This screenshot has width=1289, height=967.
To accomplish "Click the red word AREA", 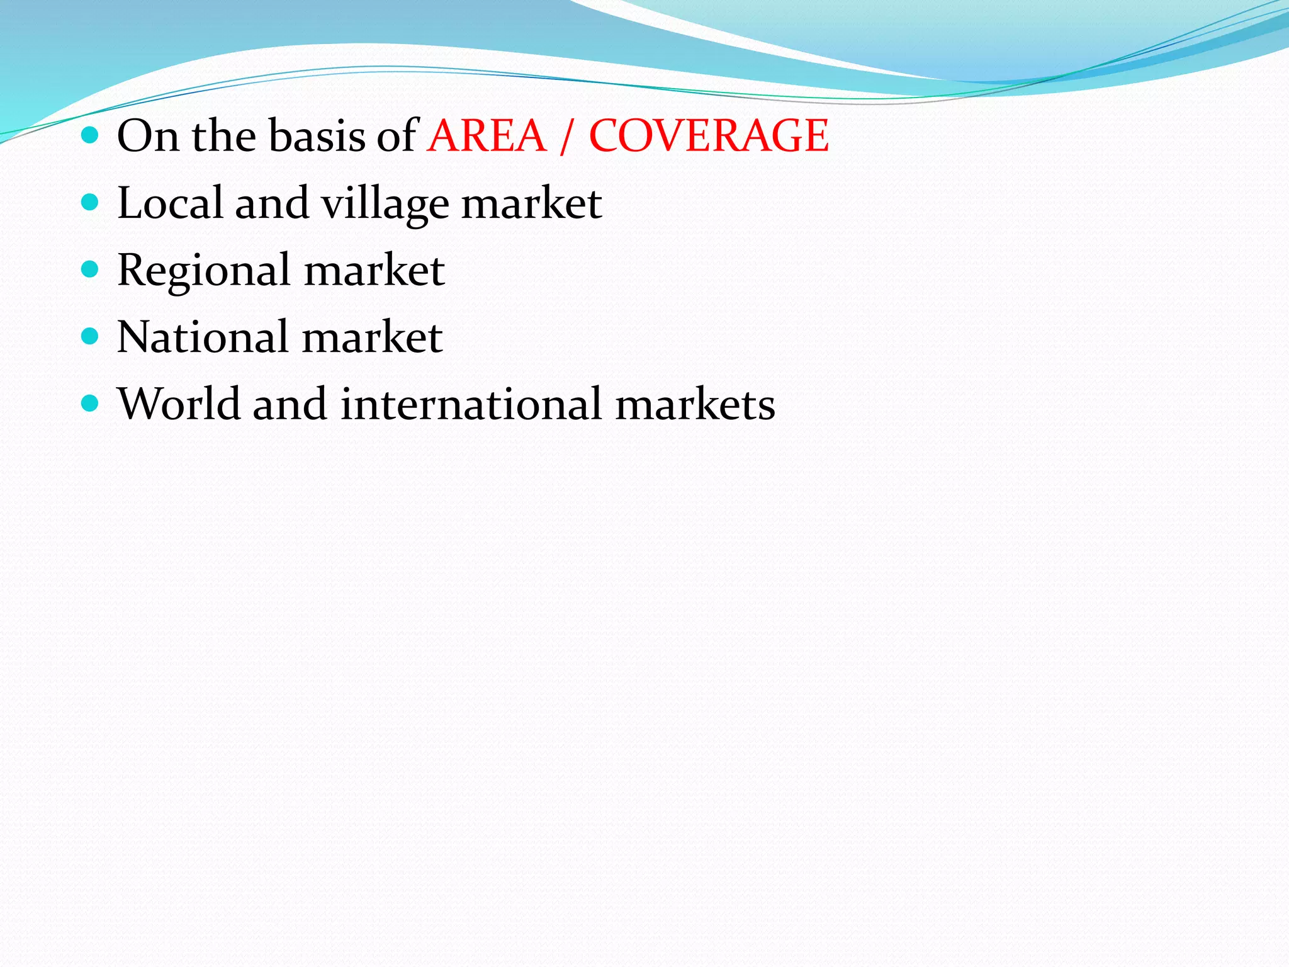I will (487, 136).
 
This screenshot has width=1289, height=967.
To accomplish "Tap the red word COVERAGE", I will (709, 136).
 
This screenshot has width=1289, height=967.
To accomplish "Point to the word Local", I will (170, 203).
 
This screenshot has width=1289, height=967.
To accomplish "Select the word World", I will (179, 404).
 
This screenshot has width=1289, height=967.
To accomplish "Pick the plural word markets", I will (695, 404).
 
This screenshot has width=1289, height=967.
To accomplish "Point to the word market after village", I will (531, 203).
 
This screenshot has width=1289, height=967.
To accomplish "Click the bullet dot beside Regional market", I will (91, 269).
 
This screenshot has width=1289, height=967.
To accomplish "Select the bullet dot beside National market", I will (91, 336).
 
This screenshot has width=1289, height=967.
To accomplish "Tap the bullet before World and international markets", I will (91, 403).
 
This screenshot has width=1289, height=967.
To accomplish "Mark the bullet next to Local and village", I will (91, 202).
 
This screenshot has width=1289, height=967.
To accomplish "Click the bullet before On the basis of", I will (91, 135).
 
